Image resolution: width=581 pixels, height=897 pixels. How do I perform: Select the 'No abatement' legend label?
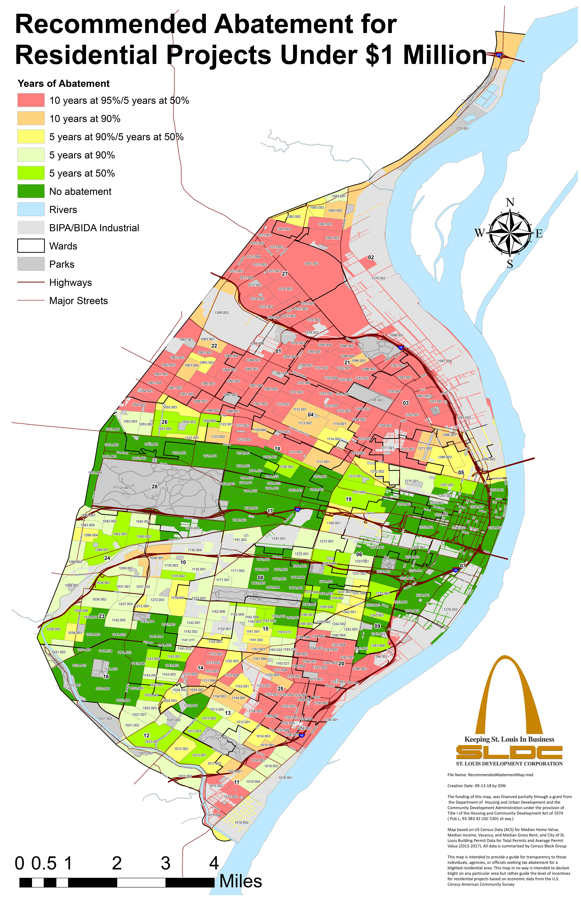coord(80,191)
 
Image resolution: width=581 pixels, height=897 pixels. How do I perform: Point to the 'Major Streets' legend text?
coord(78,301)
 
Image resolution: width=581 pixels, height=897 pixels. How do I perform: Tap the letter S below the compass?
coord(510,265)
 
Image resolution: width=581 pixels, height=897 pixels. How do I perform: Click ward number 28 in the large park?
coord(155,487)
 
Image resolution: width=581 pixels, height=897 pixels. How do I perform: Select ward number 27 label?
coord(285,274)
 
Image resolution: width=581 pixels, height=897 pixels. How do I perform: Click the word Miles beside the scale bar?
coord(240,881)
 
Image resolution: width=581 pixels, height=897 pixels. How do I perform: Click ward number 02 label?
coord(371,257)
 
